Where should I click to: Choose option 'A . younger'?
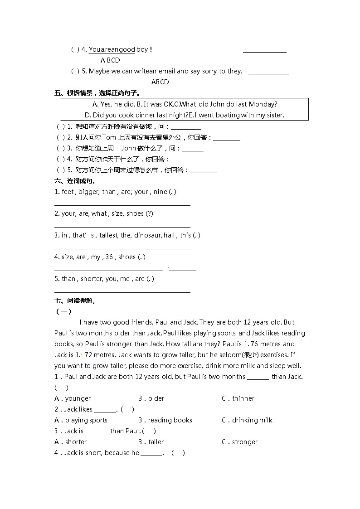[73, 398]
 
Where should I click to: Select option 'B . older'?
[151, 398]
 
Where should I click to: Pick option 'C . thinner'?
[238, 398]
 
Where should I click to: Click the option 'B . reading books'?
[165, 420]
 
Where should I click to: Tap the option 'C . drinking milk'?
[247, 420]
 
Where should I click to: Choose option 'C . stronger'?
[239, 442]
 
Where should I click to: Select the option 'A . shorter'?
[70, 442]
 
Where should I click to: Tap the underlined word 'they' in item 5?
[234, 71]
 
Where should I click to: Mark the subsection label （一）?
[63, 311]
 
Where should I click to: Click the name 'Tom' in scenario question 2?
[109, 137]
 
